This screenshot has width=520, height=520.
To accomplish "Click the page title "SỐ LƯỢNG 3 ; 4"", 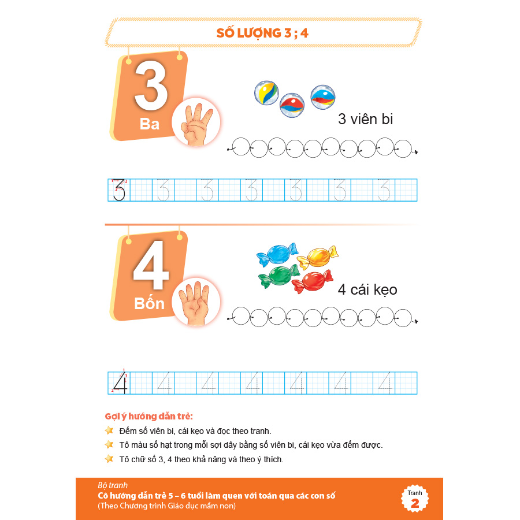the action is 262,33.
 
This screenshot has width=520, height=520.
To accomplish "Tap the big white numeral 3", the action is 151,86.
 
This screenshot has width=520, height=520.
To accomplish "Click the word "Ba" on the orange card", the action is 150,124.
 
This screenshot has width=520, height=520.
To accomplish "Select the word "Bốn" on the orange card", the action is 149,303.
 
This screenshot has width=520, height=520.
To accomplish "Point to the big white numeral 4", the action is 151,265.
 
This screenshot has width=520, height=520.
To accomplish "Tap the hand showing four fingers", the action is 195,303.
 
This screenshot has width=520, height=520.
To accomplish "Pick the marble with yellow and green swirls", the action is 266,93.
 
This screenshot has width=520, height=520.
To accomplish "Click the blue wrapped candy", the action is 277,254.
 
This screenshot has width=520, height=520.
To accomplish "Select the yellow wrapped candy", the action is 318,258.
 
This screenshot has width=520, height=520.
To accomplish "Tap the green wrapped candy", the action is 279,276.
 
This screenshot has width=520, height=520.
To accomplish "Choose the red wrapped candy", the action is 313,281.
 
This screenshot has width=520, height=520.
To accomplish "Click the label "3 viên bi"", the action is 366,119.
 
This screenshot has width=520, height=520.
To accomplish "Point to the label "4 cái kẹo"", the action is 367,289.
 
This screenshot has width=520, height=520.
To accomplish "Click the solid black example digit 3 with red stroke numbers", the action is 120,190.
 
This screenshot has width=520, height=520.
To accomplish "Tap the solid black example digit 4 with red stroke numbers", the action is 120,382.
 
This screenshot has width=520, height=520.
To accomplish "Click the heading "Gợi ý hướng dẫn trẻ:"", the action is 148,416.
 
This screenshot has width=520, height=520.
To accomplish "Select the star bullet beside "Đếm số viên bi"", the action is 109,430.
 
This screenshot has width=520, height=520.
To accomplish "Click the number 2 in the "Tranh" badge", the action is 415,503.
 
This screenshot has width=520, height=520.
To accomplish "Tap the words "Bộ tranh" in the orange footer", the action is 113,485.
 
